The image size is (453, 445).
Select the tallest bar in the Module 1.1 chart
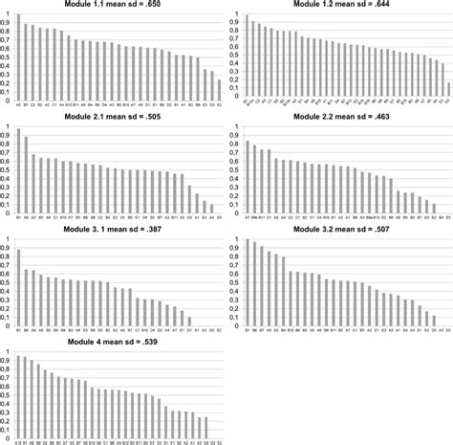pos(18,57)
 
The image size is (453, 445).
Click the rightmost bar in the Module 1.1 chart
pos(220,89)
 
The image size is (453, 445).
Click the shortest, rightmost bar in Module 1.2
pos(448,92)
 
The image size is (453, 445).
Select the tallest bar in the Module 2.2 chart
pos(248,177)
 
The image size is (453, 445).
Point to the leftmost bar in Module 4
pos(16,396)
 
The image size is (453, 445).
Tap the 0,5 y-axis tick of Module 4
pos(7,395)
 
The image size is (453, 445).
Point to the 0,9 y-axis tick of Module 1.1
pos(7,24)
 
